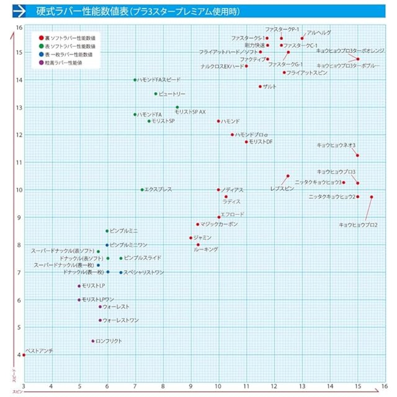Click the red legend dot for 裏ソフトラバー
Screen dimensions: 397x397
41,38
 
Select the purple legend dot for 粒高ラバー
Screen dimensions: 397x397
41,63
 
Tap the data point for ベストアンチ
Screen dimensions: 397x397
24,355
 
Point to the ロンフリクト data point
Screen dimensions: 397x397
93,341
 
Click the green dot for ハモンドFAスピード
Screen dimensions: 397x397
135,80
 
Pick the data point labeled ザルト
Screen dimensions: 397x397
260,87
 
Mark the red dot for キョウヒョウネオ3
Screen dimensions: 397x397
358,155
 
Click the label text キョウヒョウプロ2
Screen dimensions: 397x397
358,225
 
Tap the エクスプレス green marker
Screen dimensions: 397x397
142,190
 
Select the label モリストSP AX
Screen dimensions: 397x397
190,112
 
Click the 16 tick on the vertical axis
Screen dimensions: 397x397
19,28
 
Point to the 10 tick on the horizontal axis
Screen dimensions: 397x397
218,386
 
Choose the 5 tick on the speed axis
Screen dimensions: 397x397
19,327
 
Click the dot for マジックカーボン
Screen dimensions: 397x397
198,224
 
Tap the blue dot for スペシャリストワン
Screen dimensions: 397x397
121,273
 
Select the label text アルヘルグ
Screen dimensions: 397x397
319,33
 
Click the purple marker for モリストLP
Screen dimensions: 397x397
79,286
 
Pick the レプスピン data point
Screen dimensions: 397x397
288,176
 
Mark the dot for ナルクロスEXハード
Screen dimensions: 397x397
246,66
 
